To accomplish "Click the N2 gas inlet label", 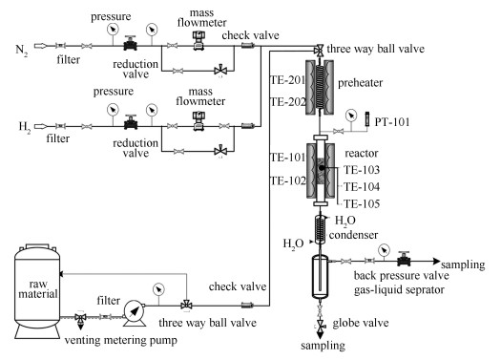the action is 22,51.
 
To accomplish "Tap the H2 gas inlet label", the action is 25,127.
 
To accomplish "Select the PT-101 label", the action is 391,122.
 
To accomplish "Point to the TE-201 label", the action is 288,80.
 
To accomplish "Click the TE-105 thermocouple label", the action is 362,204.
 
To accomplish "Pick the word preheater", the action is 360,83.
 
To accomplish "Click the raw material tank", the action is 37,291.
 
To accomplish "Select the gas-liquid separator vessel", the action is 320,277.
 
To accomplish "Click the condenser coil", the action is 320,229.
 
